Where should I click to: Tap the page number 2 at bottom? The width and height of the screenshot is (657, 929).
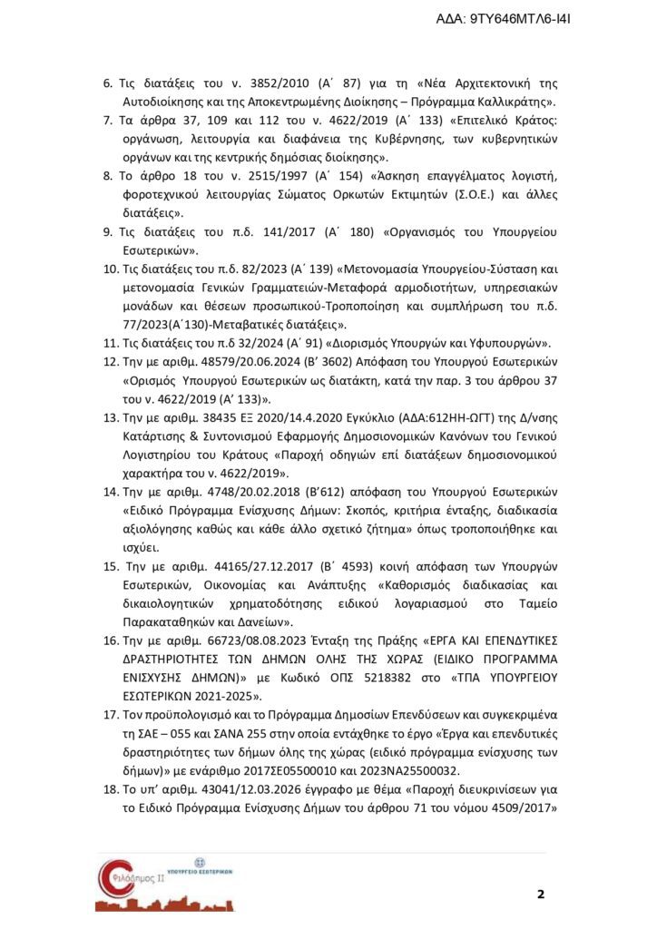point(541,895)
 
